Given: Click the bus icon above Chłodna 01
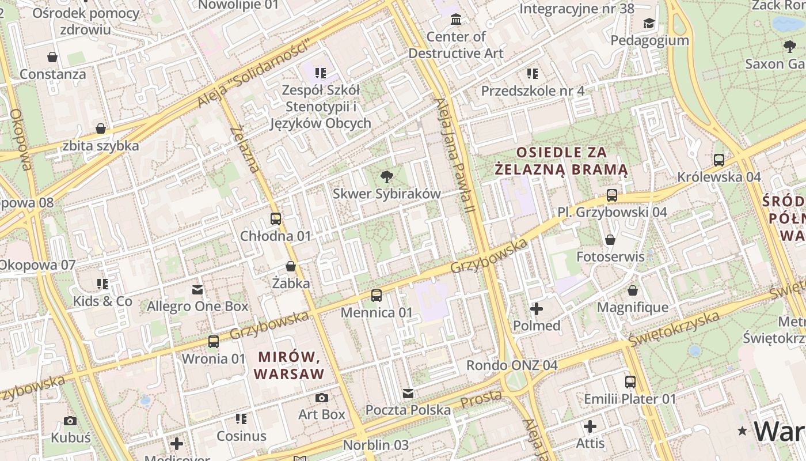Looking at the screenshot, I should coord(276,219).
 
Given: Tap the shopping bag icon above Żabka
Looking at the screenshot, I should coord(291,266).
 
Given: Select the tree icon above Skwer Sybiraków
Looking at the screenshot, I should coord(386,177).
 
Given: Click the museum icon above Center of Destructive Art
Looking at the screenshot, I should coord(456,20).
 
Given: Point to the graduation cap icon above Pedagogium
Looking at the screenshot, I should coord(649,23).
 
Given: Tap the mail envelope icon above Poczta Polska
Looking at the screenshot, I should coord(408,393).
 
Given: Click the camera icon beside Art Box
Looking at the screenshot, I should coord(322,398).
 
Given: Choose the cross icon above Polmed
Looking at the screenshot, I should coord(537,309).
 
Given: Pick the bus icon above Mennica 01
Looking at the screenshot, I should coord(377,296).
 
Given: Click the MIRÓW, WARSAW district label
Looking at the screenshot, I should coord(289,365).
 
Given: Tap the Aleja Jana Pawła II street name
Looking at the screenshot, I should coord(455,156).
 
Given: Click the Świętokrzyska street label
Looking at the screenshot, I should coord(674,329).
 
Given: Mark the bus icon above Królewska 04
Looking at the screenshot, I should coord(719,160).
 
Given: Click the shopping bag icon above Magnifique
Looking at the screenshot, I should coord(633,290).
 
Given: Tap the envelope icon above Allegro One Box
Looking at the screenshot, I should coord(197,289).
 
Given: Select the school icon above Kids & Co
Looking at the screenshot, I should coord(102,284).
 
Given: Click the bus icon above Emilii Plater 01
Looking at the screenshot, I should coord(630,381).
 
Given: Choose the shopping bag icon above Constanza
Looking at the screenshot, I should coord(52,57).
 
